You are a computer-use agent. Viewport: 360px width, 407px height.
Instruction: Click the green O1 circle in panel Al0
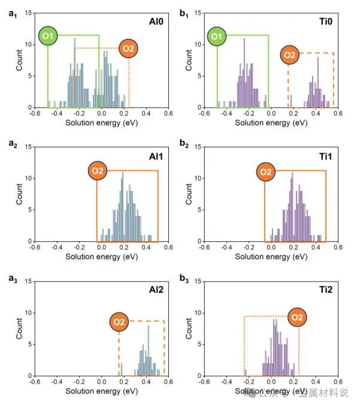pos(49,37)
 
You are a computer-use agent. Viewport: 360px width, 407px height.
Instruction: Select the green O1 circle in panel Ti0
pos(218,37)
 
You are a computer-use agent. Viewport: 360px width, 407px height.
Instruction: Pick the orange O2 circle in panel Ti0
pos(290,56)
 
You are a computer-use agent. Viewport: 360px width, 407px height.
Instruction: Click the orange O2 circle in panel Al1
pos(98,172)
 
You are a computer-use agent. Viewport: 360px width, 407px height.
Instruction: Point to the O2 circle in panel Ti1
pos(267,172)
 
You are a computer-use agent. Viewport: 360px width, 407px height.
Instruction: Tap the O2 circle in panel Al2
pos(120,323)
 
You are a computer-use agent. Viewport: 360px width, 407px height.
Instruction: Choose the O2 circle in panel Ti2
pos(298,317)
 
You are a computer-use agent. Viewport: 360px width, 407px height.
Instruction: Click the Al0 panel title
pos(157,20)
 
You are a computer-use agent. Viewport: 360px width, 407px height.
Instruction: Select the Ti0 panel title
pos(327,20)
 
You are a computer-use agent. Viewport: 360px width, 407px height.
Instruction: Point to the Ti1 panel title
pos(327,154)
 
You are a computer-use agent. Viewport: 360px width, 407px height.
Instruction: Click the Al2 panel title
pos(157,289)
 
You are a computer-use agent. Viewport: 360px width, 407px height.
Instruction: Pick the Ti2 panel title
pos(327,289)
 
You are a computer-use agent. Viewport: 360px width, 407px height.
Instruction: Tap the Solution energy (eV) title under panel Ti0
pos(271,122)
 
